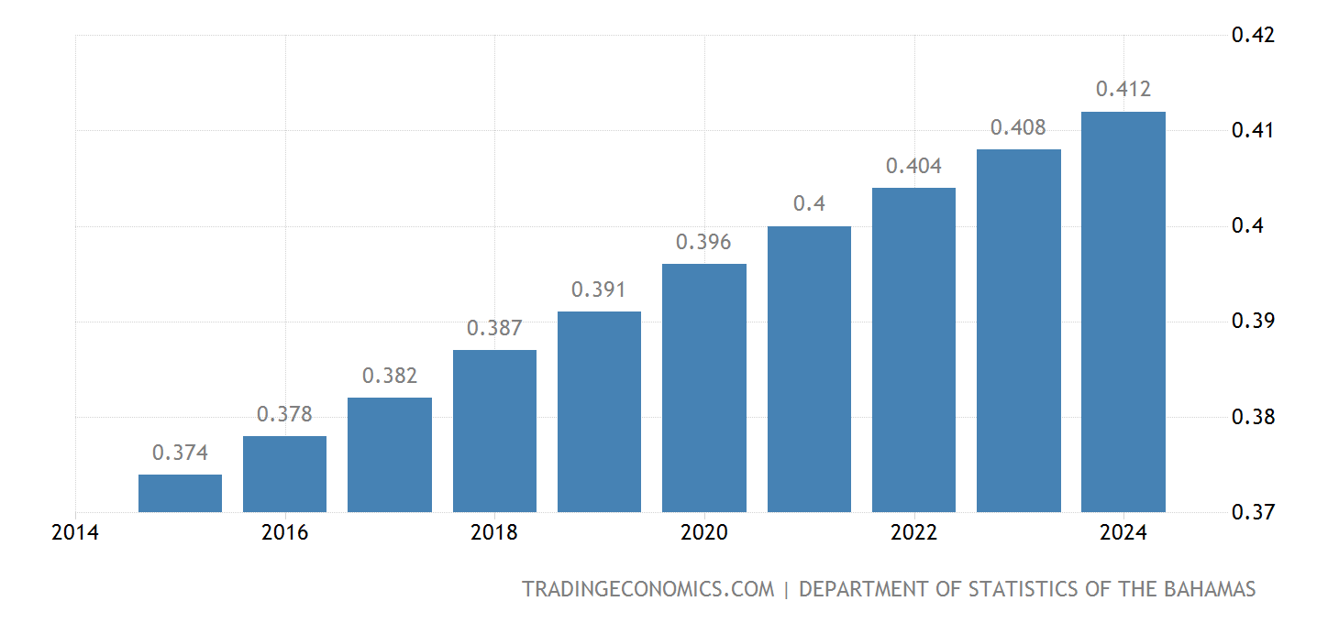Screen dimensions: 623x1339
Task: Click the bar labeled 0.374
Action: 180,493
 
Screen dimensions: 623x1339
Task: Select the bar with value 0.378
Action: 284,474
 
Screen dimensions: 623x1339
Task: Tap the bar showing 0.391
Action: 599,411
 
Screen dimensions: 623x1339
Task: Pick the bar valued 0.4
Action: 809,368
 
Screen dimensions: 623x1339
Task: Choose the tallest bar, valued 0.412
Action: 1123,311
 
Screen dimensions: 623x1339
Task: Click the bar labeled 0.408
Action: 1018,330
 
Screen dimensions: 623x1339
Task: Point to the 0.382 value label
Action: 390,376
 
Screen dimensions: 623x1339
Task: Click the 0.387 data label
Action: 494,328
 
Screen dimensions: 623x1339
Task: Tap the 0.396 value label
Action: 703,243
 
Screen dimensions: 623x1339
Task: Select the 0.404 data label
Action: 913,167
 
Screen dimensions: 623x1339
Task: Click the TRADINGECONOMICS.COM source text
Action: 648,589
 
